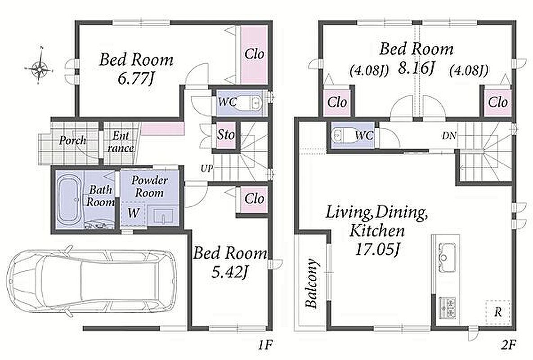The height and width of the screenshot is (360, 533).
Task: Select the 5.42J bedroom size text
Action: tap(229, 271)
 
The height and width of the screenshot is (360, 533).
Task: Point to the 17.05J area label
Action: tap(376, 250)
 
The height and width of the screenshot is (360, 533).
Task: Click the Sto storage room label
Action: tap(226, 135)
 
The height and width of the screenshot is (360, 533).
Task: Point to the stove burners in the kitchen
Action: tap(447, 308)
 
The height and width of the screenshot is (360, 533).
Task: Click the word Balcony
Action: tap(312, 283)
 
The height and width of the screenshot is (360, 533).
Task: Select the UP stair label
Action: tap(206, 168)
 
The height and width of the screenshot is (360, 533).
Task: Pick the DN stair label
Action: tap(449, 136)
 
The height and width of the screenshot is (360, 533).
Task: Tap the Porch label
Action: tap(72, 140)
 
